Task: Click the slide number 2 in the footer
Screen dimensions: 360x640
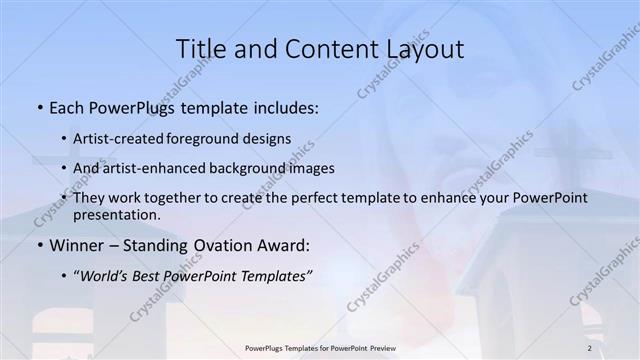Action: coord(590,348)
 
